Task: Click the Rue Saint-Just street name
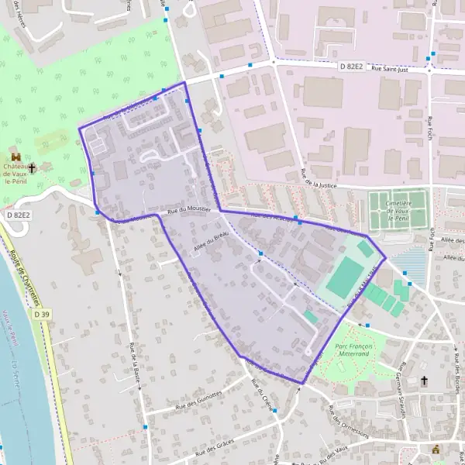coord(400,69)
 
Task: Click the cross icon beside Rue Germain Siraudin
coord(425,381)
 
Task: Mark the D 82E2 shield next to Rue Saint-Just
coord(353,67)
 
